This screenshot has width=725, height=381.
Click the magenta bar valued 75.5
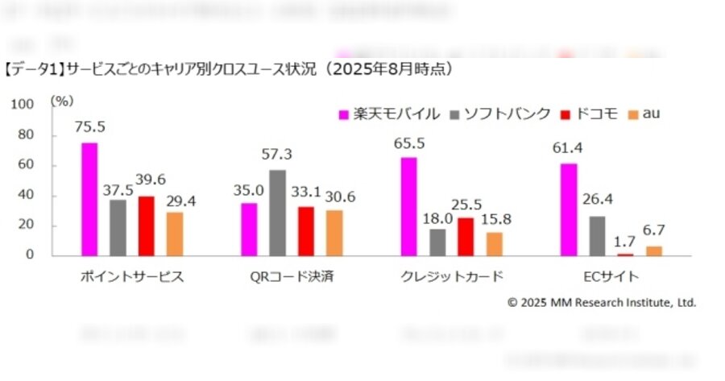tap(89, 199)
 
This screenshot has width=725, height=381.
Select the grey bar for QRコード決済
tap(277, 213)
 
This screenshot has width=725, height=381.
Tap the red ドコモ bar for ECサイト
tap(626, 254)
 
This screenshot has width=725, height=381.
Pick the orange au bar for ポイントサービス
tap(175, 234)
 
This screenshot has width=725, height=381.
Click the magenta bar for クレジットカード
tap(408, 206)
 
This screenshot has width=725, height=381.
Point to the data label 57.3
tap(277, 154)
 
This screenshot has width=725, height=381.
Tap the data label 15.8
tap(494, 218)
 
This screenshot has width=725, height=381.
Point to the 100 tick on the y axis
tap(23, 105)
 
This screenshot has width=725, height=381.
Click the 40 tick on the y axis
tap(27, 196)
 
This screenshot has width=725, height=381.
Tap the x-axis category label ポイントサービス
tap(132, 277)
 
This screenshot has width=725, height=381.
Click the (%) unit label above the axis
tap(61, 102)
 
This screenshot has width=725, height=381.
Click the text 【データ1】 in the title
tap(33, 70)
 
